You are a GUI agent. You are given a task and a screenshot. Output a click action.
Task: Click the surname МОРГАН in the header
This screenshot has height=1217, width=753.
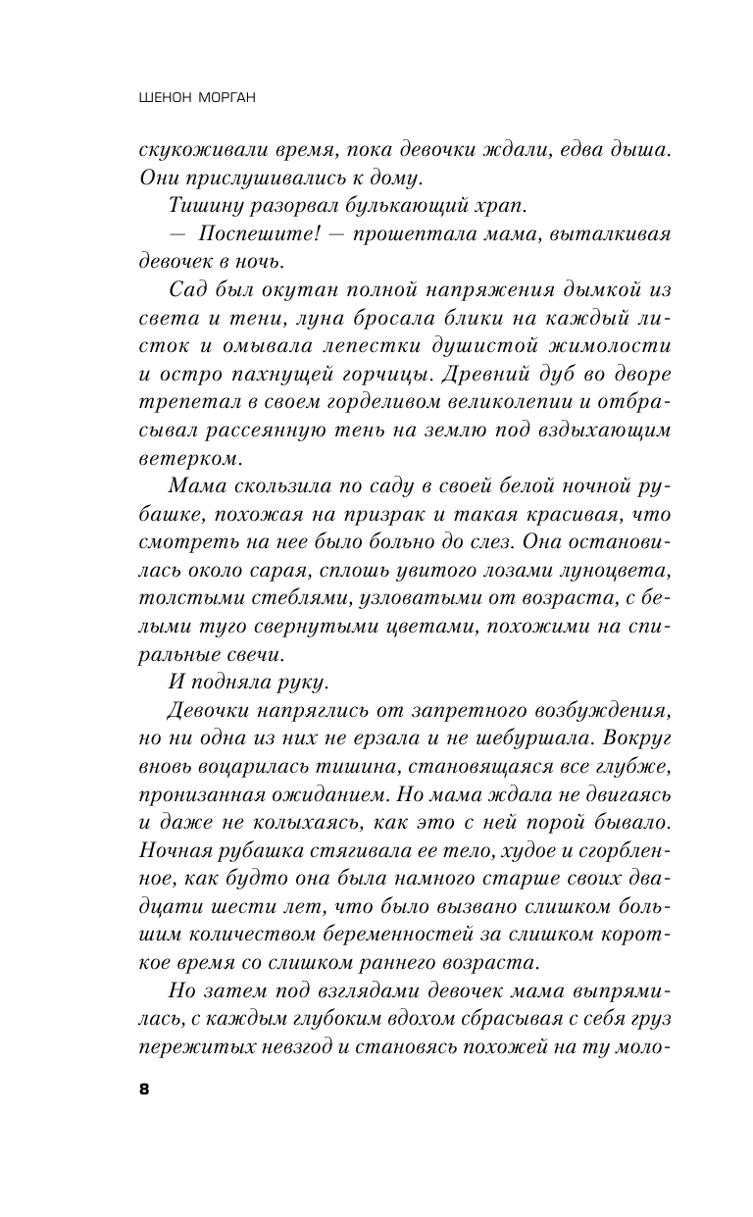click(x=231, y=98)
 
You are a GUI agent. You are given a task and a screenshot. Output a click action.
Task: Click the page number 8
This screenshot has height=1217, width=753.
click(x=144, y=1090)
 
